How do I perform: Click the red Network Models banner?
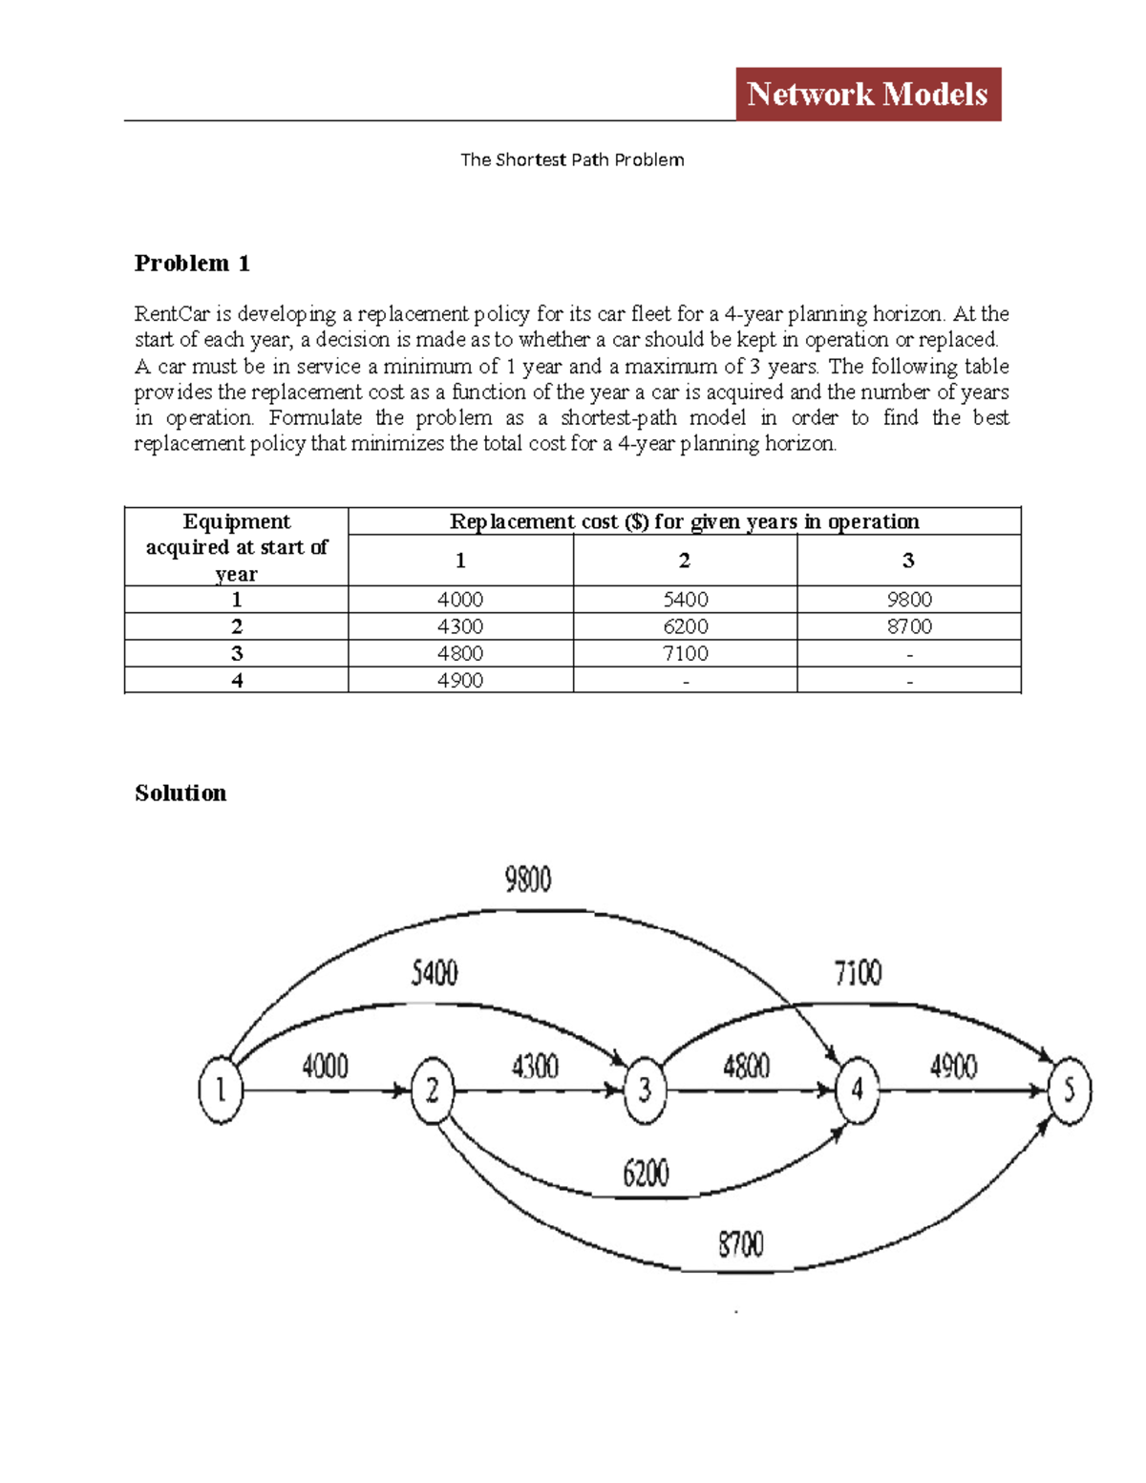867,94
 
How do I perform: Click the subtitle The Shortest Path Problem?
572,159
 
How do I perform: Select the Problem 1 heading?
192,264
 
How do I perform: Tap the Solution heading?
180,793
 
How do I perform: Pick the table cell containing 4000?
460,600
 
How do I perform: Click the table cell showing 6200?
685,626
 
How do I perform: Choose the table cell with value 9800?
908,600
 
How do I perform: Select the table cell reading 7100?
685,653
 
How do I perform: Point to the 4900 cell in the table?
460,680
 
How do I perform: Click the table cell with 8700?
908,626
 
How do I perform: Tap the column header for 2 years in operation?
685,561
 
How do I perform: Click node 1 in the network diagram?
221,1090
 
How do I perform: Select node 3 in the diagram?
645,1090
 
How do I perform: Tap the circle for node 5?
1069,1090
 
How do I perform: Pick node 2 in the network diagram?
433,1090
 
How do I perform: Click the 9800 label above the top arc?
528,879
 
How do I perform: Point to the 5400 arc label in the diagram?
435,973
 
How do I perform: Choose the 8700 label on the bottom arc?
741,1244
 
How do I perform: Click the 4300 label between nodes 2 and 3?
535,1066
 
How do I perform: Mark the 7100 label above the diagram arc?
858,973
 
